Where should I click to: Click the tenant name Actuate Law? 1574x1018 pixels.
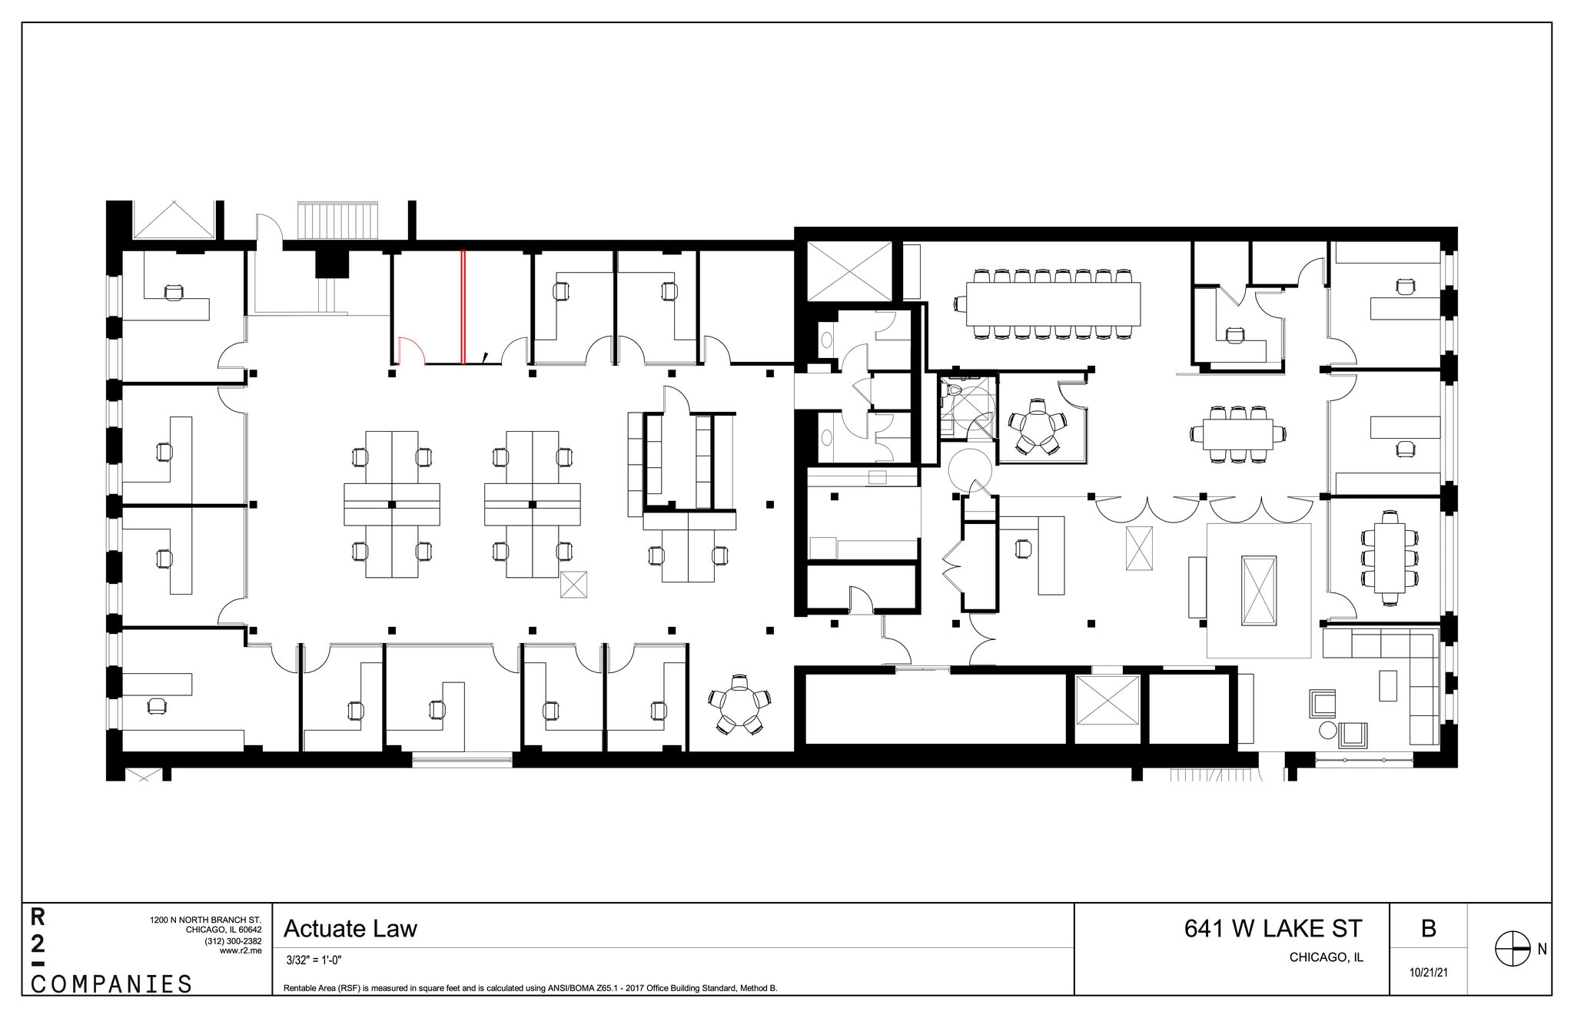350,929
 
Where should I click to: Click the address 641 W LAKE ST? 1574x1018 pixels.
1273,929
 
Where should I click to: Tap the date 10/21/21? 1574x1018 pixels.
1429,973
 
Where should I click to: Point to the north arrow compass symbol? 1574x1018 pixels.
1512,950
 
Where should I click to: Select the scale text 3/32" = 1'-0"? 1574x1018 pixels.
314,960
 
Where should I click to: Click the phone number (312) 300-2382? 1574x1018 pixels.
233,941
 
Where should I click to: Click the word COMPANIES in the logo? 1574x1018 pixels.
111,984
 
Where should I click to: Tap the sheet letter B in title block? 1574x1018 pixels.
1429,929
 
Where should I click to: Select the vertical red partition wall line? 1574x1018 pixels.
462,307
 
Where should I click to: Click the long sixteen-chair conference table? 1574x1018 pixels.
1053,303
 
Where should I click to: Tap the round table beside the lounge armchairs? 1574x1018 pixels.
1328,729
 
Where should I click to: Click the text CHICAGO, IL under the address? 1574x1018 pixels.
1327,958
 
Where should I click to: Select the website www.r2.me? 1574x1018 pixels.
241,950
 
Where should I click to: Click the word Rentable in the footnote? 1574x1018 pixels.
300,988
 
